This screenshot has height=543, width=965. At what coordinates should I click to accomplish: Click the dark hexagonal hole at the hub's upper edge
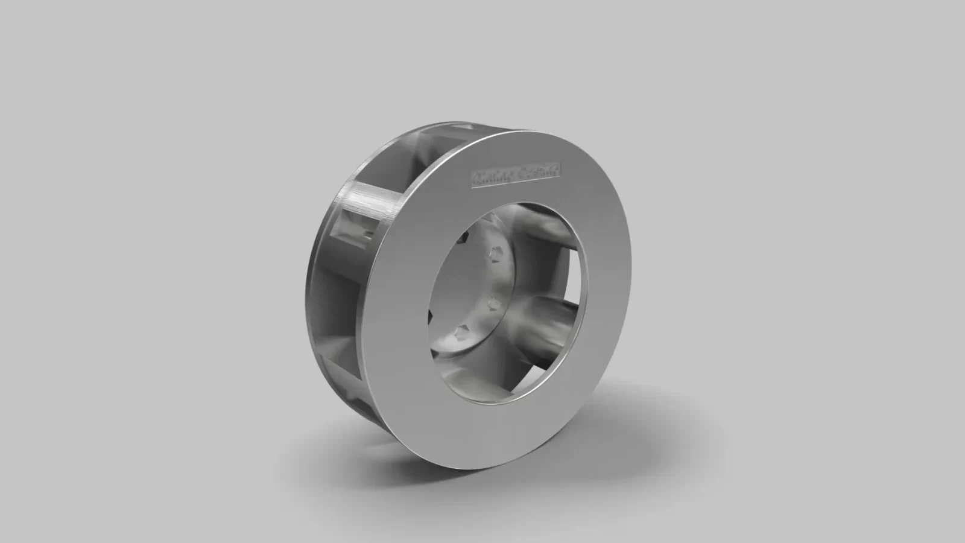click(463, 238)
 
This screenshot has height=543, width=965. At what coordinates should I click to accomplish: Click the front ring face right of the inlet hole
click(609, 290)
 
